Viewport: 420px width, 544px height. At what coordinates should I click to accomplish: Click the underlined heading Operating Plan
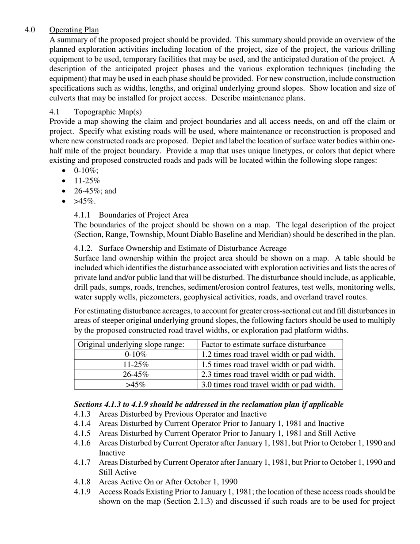[74, 30]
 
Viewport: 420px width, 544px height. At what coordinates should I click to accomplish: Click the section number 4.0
[30, 30]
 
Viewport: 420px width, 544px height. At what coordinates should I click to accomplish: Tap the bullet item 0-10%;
[86, 171]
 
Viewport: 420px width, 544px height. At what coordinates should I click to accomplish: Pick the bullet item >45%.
[84, 201]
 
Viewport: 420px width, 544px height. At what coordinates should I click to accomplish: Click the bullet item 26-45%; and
[95, 191]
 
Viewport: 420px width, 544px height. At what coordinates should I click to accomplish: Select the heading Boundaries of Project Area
[143, 215]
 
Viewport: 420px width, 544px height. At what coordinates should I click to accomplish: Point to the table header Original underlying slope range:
[131, 345]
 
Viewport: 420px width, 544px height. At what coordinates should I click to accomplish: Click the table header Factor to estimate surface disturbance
[263, 345]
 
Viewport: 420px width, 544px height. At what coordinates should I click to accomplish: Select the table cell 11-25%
[136, 364]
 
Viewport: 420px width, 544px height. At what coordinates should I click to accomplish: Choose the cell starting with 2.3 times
[268, 375]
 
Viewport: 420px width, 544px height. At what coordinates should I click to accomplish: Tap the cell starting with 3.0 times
[268, 385]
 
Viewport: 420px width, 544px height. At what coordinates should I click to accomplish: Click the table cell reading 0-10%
[136, 355]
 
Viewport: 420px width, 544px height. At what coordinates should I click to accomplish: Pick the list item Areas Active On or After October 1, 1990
[168, 482]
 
